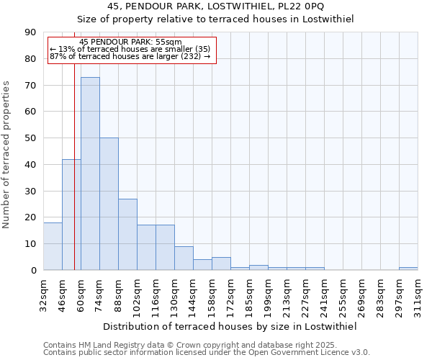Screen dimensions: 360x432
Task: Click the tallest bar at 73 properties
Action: pyautogui.click(x=90, y=174)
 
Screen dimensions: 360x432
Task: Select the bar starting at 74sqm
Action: pyautogui.click(x=109, y=204)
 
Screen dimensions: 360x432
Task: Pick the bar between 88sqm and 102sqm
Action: pyautogui.click(x=127, y=234)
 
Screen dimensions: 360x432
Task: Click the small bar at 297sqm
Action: pyautogui.click(x=408, y=269)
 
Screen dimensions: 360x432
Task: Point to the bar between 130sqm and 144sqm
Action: pyautogui.click(x=184, y=258)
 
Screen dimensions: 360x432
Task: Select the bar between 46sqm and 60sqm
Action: pyautogui.click(x=71, y=215)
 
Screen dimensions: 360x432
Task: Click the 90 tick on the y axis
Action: pyautogui.click(x=30, y=32)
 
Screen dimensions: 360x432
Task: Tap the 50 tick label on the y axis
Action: pyautogui.click(x=30, y=138)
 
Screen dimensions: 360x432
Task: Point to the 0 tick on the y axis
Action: pyautogui.click(x=33, y=270)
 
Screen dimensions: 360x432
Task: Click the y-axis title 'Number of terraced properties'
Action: pyautogui.click(x=7, y=154)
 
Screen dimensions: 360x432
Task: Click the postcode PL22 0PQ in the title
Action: pyautogui.click(x=305, y=6)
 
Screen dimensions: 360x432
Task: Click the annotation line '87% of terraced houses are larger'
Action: pyautogui.click(x=130, y=56)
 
